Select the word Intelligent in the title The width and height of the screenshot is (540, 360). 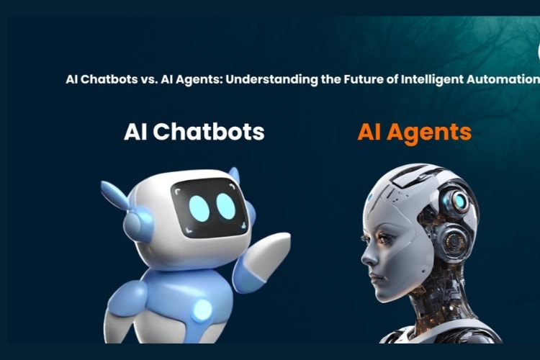(423, 78)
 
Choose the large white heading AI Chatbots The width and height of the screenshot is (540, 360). (194, 132)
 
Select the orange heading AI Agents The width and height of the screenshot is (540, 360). (414, 132)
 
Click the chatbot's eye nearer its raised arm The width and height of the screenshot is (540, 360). (226, 207)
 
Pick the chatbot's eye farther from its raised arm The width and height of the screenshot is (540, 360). (199, 208)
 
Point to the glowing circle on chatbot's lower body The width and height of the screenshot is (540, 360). (202, 310)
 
